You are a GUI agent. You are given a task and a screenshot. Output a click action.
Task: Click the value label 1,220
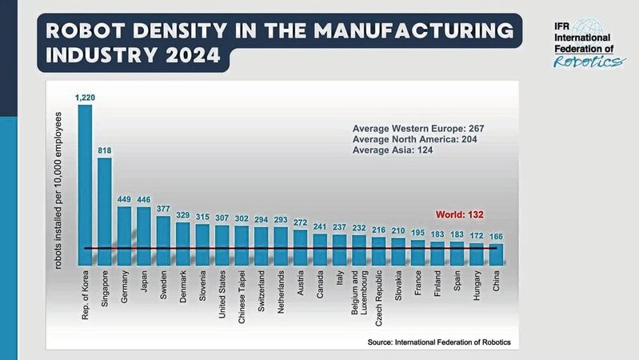[x=85, y=98]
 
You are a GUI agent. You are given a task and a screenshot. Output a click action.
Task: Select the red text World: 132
[x=461, y=214]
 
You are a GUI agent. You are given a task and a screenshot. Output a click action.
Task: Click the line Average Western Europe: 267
[x=418, y=128]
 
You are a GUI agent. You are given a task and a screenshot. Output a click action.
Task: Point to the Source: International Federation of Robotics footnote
[x=438, y=342]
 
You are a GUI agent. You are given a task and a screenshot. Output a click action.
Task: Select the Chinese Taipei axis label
[x=242, y=298]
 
